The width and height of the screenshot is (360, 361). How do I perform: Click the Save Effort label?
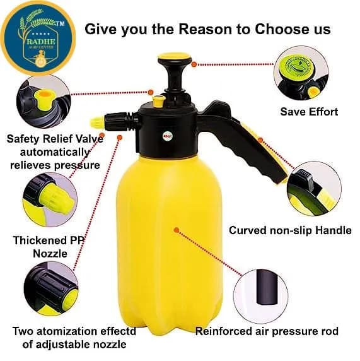point(309,112)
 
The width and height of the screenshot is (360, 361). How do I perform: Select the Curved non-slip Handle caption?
point(290,230)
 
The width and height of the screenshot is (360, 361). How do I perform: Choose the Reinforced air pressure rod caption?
point(267,331)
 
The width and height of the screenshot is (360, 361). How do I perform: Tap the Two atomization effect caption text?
point(73,331)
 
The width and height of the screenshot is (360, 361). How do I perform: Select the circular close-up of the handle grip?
point(319,188)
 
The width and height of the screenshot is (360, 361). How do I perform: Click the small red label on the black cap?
point(168,136)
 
